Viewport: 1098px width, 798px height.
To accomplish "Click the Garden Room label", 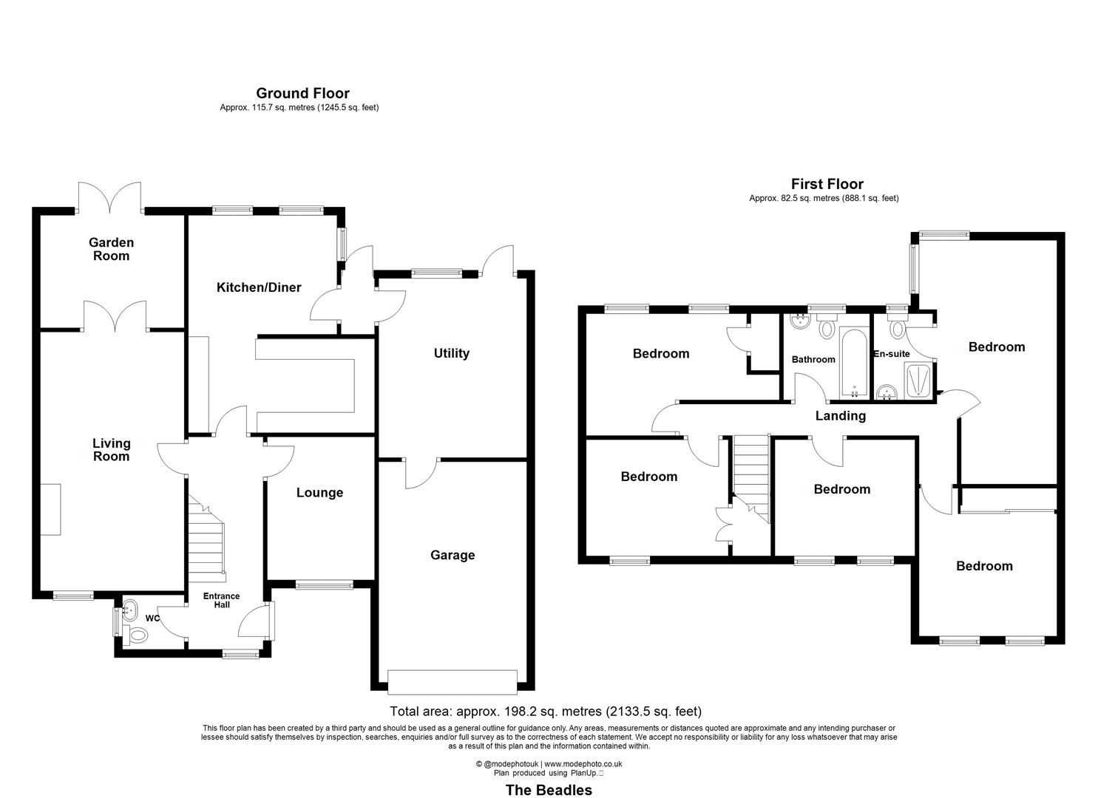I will click(x=111, y=249).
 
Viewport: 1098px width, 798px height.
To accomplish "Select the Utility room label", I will click(x=451, y=353).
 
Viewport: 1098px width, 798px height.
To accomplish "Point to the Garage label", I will click(x=453, y=555).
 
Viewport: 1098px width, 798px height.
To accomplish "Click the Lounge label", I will click(x=319, y=493).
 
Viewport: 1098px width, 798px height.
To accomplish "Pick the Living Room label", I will click(x=111, y=449).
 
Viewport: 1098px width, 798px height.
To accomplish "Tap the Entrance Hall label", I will click(x=222, y=600).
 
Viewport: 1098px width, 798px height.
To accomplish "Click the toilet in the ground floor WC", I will click(x=138, y=634).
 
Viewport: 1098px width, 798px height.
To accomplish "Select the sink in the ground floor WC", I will click(x=130, y=610).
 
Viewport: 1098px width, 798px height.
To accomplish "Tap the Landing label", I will click(x=840, y=416).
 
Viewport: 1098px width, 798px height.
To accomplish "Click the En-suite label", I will click(x=892, y=354).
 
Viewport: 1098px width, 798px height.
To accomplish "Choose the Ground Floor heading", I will click(x=302, y=93).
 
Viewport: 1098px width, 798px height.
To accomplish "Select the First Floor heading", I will click(x=827, y=184).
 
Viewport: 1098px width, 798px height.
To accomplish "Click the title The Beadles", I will click(x=549, y=790).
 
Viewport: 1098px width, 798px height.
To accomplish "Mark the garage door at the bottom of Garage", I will click(x=453, y=682).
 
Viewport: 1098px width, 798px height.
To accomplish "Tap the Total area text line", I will click(x=546, y=712).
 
